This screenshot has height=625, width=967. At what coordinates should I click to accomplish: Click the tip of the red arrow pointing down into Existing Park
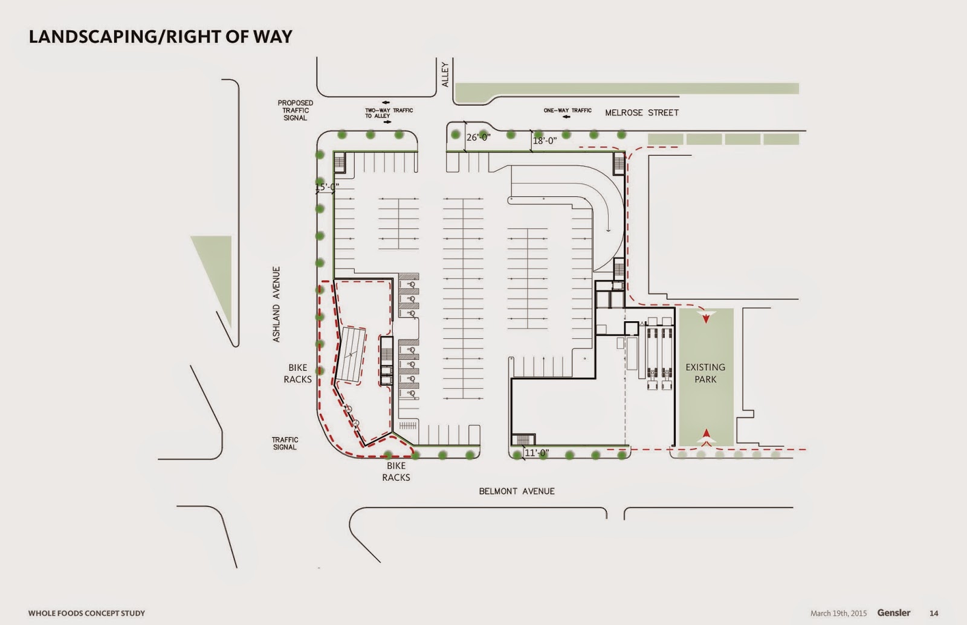pyautogui.click(x=706, y=323)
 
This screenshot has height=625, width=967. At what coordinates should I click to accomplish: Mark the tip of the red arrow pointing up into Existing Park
pyautogui.click(x=707, y=429)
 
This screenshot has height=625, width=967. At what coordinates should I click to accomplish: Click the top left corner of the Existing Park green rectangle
pyautogui.click(x=679, y=309)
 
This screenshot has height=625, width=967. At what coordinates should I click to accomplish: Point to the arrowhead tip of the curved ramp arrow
pyautogui.click(x=608, y=232)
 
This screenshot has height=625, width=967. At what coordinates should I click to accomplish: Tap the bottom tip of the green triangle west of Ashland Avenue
pyautogui.click(x=231, y=328)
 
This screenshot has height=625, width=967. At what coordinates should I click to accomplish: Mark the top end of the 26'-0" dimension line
pyautogui.click(x=465, y=121)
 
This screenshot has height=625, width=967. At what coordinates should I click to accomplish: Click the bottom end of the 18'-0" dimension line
pyautogui.click(x=531, y=152)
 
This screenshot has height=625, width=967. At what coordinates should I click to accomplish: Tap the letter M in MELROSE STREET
pyautogui.click(x=609, y=113)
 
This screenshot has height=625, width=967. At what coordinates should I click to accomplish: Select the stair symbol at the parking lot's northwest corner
pyautogui.click(x=339, y=164)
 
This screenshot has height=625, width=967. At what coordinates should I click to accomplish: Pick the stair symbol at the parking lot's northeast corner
pyautogui.click(x=619, y=164)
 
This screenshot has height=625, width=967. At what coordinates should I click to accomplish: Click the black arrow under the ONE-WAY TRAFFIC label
pyautogui.click(x=567, y=117)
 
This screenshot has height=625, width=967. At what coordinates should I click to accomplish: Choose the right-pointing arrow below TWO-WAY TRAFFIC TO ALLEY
pyautogui.click(x=387, y=122)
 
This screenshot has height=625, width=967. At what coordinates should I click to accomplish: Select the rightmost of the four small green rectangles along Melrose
pyautogui.click(x=781, y=139)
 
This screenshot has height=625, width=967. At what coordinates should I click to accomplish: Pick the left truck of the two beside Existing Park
pyautogui.click(x=652, y=359)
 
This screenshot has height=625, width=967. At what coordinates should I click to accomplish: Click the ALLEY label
pyautogui.click(x=445, y=75)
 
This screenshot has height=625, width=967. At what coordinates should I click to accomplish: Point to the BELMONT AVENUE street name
pyautogui.click(x=517, y=492)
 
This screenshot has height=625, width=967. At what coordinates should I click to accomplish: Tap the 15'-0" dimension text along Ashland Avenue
pyautogui.click(x=327, y=187)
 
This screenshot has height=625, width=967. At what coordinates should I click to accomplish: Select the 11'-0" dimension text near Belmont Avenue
pyautogui.click(x=537, y=453)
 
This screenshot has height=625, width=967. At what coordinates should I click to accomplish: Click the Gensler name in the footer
pyautogui.click(x=894, y=613)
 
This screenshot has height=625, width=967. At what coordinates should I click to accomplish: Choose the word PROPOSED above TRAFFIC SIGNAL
pyautogui.click(x=296, y=103)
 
